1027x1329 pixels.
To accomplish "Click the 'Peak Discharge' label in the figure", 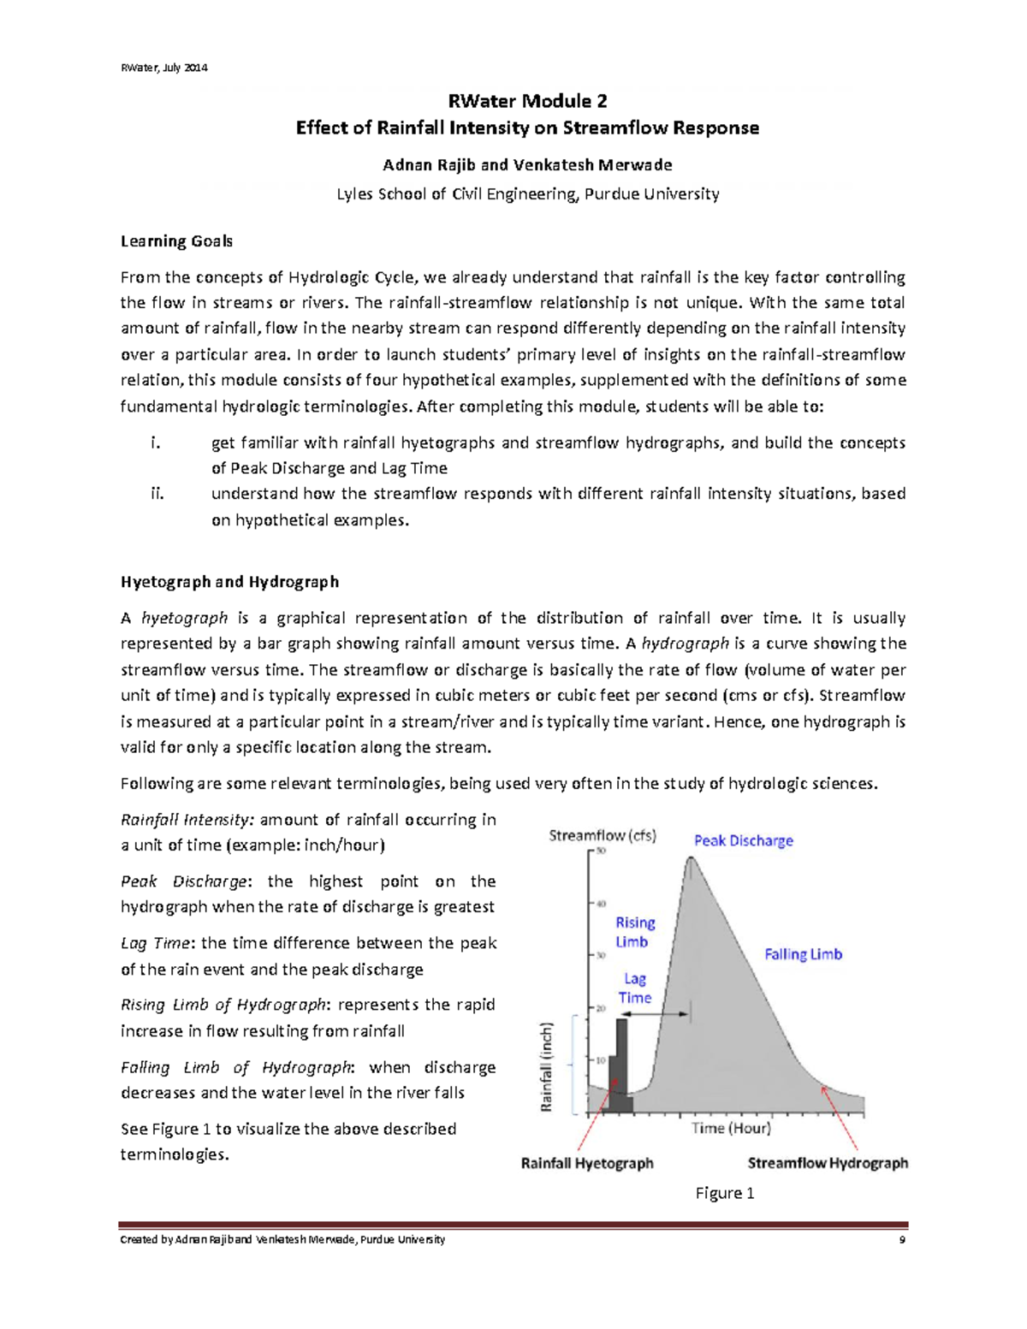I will pos(743,840).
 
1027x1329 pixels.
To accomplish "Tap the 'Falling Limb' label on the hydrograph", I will pos(803,953).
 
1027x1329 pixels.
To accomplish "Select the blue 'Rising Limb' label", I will pos(635,932).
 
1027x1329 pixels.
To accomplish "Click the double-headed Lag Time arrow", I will pos(659,1014).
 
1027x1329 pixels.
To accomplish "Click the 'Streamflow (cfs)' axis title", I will pos(603,835).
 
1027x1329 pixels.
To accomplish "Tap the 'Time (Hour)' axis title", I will pos(731,1128).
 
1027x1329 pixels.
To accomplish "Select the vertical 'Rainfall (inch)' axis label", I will pos(547,1067).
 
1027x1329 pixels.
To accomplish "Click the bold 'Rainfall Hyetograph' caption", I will pos(587,1163).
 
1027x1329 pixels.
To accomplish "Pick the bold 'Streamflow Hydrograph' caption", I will pos(828,1163).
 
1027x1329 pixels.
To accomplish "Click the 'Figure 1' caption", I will pos(725,1193).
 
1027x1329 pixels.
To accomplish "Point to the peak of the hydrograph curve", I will pos(691,858).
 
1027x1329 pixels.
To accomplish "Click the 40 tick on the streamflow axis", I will pos(600,903).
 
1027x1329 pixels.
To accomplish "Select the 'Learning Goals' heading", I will pos(176,241).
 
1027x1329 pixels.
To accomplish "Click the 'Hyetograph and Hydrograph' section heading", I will pos(229,582).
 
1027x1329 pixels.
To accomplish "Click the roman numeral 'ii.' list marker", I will pos(157,494).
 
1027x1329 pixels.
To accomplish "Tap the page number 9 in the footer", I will pos(902,1240).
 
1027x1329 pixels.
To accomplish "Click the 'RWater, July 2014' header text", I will pos(163,68).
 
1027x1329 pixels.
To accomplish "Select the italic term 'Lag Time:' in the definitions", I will pos(158,943).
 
